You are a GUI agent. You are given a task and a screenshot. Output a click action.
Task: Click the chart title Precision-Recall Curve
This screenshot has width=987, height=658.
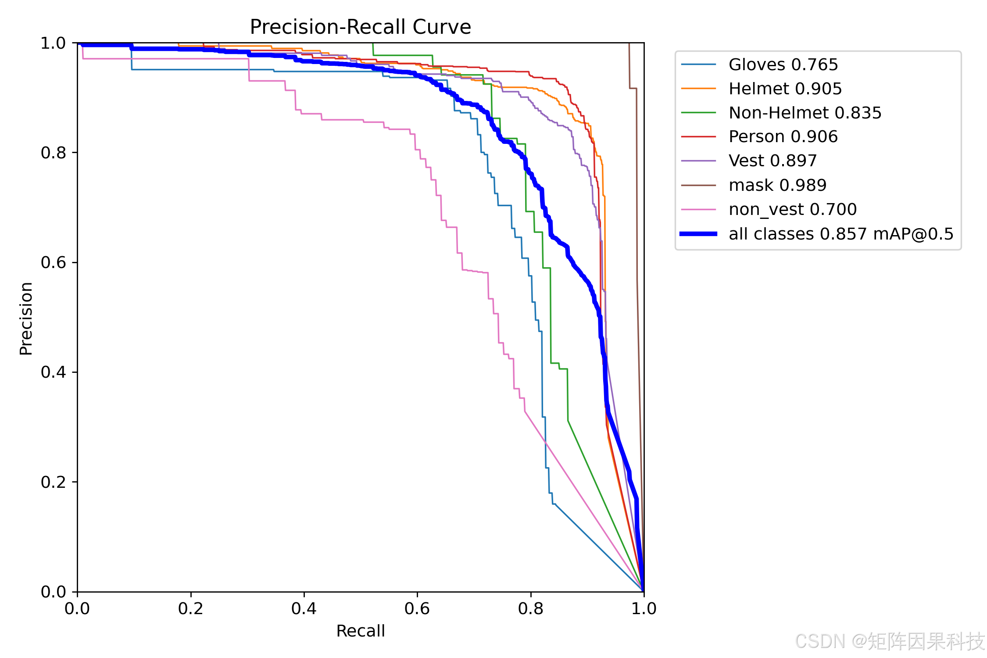pyautogui.click(x=360, y=27)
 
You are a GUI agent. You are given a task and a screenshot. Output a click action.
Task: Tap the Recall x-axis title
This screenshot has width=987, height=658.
pyautogui.click(x=361, y=631)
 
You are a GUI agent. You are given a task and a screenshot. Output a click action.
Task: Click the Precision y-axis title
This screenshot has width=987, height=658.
pyautogui.click(x=26, y=318)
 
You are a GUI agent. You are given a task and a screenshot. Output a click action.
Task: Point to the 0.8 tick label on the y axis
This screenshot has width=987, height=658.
pyautogui.click(x=53, y=153)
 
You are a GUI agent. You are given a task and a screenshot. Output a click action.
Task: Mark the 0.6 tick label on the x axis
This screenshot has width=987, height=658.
pyautogui.click(x=417, y=608)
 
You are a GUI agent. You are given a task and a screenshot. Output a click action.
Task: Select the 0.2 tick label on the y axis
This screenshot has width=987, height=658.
pyautogui.click(x=53, y=482)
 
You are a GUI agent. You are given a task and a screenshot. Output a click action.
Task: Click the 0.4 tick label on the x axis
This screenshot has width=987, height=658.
pyautogui.click(x=304, y=608)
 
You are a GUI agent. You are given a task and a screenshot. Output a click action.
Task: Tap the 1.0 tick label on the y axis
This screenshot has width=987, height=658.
pyautogui.click(x=53, y=43)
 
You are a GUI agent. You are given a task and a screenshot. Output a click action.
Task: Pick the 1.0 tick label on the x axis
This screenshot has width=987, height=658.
pyautogui.click(x=644, y=608)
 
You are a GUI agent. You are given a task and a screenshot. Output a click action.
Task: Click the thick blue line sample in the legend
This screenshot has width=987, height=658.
pyautogui.click(x=698, y=234)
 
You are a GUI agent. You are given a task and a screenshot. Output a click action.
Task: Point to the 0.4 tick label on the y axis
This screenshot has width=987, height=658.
pyautogui.click(x=53, y=372)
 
